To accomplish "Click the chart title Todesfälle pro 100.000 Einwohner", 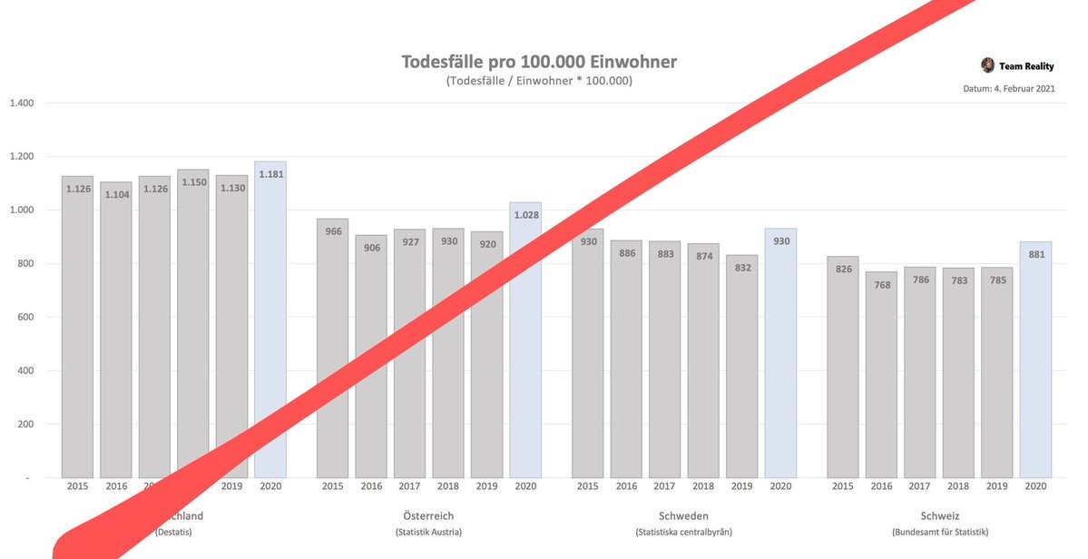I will [x=539, y=62].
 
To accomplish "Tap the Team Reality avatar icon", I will [x=987, y=65].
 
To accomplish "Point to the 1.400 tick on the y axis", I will [x=21, y=103].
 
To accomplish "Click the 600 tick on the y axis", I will [x=24, y=318].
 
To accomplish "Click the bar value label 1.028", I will [x=524, y=215].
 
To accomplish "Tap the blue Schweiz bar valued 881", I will [x=1035, y=363].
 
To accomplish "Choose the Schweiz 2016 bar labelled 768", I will [x=881, y=372].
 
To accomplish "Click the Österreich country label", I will [x=428, y=515].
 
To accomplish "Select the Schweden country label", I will [x=683, y=515].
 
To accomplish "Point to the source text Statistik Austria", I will [x=428, y=532].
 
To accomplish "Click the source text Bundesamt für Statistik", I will [x=939, y=532].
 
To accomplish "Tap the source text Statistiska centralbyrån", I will [x=683, y=532].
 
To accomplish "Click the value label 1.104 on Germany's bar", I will [x=116, y=194].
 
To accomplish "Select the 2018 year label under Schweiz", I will [x=958, y=486].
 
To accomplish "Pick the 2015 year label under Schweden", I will [x=587, y=486].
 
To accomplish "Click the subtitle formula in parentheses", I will [x=539, y=81].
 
